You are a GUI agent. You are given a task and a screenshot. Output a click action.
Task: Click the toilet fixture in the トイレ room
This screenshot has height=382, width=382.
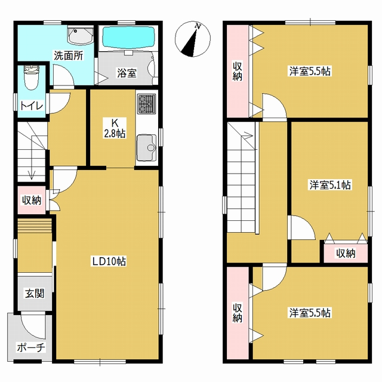[x=32, y=78]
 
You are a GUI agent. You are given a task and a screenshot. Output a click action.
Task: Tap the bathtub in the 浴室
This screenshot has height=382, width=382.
[x=128, y=38]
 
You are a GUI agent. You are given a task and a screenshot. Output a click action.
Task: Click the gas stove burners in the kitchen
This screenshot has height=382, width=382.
[x=146, y=104]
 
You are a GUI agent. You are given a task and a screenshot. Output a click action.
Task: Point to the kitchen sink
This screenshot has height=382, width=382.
[x=146, y=147]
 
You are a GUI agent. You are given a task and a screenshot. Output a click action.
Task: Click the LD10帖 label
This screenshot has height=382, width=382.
[x=109, y=261]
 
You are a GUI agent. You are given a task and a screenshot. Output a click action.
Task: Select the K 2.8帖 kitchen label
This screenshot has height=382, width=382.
[x=115, y=128]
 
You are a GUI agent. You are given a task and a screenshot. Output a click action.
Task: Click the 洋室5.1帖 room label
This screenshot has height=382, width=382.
[x=330, y=185]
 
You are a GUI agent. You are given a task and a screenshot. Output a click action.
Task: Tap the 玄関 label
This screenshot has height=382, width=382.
[x=35, y=294]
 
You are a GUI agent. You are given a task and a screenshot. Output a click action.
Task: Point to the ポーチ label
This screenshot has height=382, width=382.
[x=30, y=347]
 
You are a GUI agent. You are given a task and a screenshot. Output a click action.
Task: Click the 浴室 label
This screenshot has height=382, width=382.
[x=127, y=73]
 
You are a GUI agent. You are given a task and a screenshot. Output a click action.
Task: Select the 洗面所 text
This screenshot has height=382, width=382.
[x=69, y=56]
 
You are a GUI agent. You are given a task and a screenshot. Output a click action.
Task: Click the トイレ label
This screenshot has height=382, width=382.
[x=32, y=106]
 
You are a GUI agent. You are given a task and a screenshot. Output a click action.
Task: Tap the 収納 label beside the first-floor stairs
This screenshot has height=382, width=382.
[x=32, y=201]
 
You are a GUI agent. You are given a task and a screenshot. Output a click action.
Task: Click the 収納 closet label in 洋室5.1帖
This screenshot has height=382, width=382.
[x=346, y=253]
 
